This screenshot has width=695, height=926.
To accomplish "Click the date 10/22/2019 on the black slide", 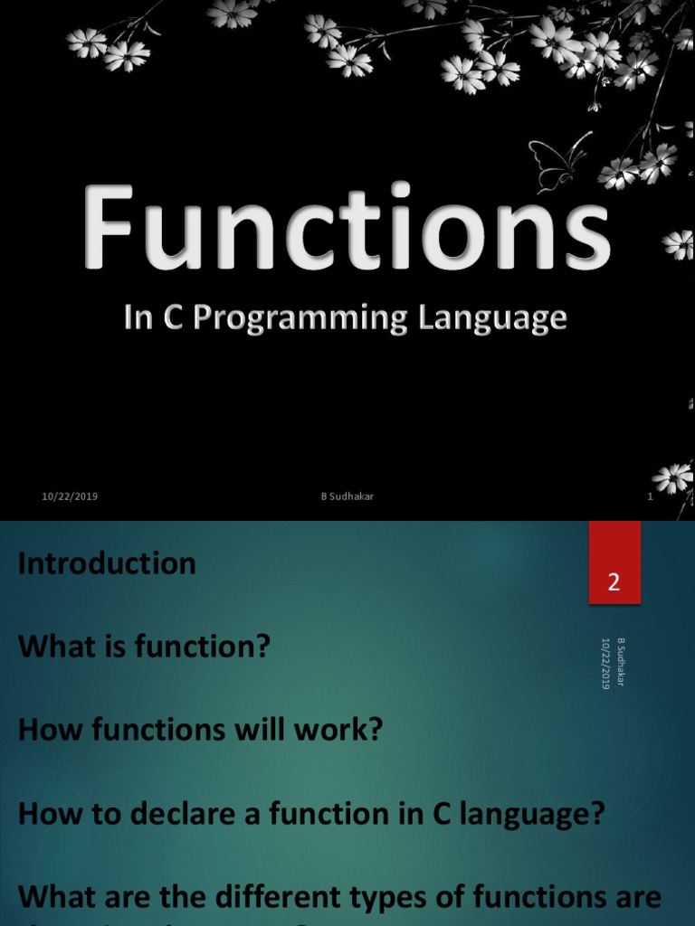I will point(70,496).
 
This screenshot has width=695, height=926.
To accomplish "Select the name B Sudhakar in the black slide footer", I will point(347,496).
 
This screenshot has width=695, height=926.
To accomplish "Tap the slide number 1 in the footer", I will point(650,496).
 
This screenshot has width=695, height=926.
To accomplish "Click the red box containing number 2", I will point(614,563).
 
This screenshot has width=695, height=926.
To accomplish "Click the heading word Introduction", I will point(107,563).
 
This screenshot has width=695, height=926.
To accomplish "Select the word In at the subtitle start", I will point(137,319).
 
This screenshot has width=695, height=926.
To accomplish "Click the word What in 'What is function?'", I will point(54,647).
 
